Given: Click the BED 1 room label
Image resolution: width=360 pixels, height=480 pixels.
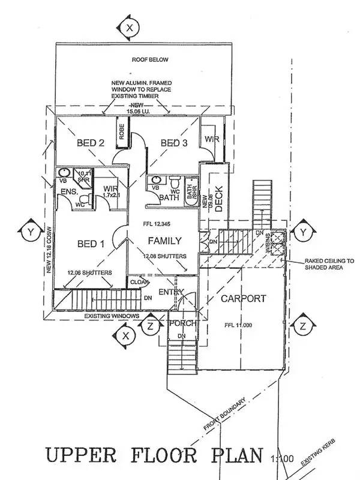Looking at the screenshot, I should (91, 244).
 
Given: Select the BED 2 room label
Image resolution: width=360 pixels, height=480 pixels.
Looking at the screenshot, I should (91, 143).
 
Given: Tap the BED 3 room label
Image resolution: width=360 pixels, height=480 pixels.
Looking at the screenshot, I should (175, 143).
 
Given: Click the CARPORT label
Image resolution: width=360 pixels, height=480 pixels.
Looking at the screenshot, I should (242, 298).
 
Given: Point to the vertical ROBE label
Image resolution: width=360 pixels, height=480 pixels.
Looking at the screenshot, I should (122, 131).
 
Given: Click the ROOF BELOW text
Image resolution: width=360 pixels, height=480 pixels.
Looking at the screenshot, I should (151, 59).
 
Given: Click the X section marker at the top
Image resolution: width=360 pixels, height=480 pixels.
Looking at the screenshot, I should (129, 27).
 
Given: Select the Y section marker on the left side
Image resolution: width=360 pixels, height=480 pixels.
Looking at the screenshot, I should (29, 230).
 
